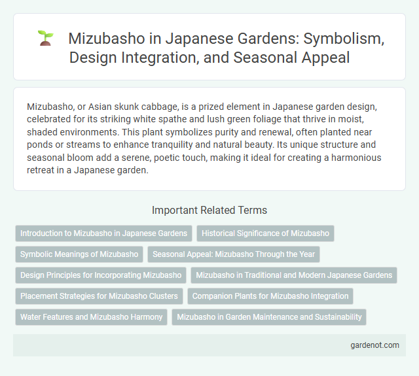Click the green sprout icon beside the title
click(45, 38)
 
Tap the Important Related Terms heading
click(209, 210)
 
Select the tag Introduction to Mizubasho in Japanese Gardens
click(104, 233)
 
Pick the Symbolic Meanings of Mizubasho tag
click(79, 254)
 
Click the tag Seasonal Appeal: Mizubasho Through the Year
click(234, 254)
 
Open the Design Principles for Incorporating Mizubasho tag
click(101, 275)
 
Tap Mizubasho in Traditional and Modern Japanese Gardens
click(294, 275)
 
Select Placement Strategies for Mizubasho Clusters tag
click(99, 296)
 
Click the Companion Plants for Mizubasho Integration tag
click(270, 296)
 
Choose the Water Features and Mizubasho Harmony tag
click(92, 316)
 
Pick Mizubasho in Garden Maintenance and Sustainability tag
click(269, 316)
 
